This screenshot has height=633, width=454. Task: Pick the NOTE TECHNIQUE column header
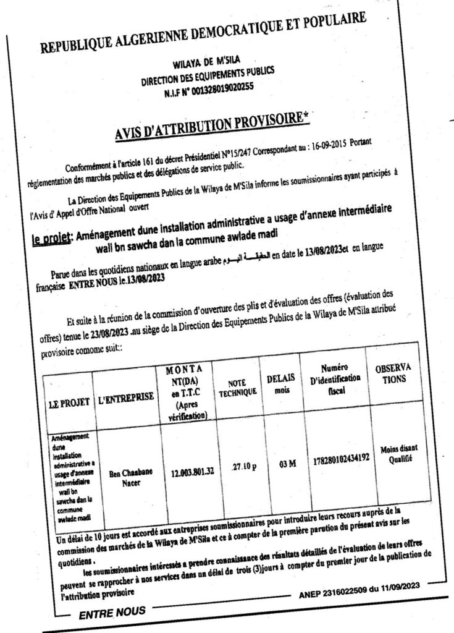click(x=234, y=388)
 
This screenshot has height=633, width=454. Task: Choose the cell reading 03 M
click(x=286, y=464)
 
